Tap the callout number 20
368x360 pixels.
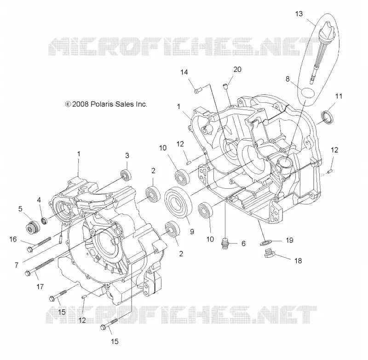237,70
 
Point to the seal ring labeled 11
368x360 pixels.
327,117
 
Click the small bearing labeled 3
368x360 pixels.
126,175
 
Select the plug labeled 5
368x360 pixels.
33,227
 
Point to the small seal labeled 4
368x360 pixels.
44,221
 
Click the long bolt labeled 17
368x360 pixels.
39,266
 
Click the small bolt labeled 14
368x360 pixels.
198,90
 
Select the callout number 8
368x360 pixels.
287,79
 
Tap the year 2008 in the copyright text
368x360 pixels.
80,104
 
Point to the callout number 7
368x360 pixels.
17,265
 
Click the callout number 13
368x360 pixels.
299,14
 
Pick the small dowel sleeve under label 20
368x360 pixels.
225,86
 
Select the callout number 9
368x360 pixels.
192,232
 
